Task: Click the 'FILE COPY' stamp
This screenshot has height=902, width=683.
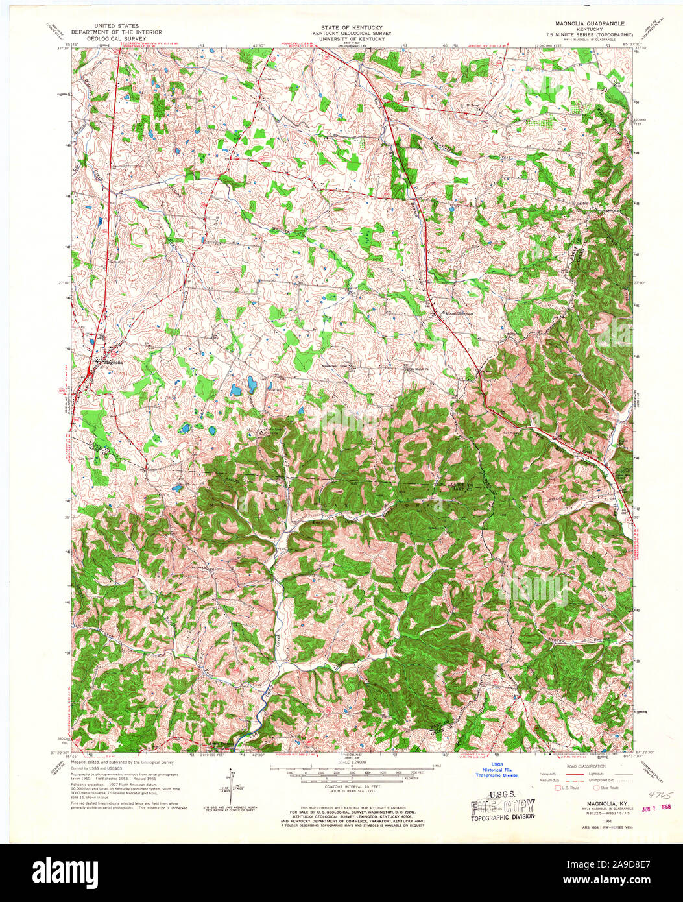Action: pyautogui.click(x=503, y=807)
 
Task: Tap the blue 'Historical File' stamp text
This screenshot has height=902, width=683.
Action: pyautogui.click(x=497, y=770)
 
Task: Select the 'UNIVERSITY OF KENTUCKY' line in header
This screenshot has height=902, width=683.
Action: pyautogui.click(x=341, y=38)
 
